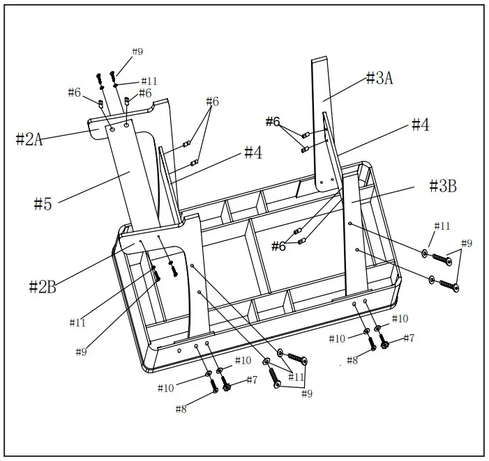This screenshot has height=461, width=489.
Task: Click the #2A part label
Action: pyautogui.click(x=29, y=139)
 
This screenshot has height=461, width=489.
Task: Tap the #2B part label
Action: pyautogui.click(x=43, y=286)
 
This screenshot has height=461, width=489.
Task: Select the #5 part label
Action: pyautogui.click(x=43, y=203)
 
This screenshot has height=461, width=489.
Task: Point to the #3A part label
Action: pyautogui.click(x=379, y=79)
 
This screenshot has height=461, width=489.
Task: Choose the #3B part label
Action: pyautogui.click(x=442, y=186)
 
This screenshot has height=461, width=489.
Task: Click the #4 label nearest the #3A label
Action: pyautogui.click(x=420, y=125)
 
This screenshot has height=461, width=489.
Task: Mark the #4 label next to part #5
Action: pyautogui.click(x=253, y=153)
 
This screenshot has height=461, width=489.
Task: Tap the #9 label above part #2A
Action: pyautogui.click(x=137, y=52)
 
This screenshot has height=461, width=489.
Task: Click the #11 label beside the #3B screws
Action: pyautogui.click(x=442, y=226)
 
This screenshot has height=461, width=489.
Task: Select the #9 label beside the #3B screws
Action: pyautogui.click(x=466, y=243)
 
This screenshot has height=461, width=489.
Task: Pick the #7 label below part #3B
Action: pyautogui.click(x=408, y=338)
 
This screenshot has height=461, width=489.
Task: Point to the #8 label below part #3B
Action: pyautogui.click(x=352, y=360)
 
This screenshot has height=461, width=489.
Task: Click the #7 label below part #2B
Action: pyautogui.click(x=250, y=380)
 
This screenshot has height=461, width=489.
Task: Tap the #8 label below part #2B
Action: pyautogui.click(x=181, y=409)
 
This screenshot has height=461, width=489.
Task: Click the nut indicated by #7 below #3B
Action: pyautogui.click(x=383, y=344)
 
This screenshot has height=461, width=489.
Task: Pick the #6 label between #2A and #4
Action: pyautogui.click(x=212, y=102)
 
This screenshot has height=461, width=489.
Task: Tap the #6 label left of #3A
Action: pyautogui.click(x=272, y=122)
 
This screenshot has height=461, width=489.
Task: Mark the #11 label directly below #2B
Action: pyautogui.click(x=77, y=322)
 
